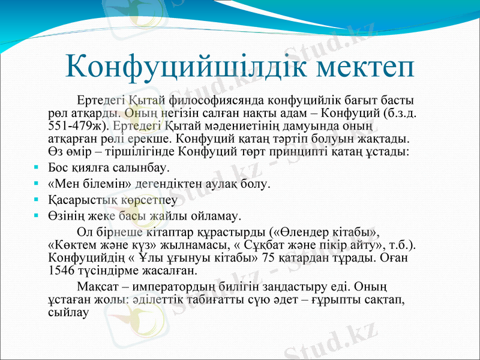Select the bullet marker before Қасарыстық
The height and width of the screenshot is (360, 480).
coord(37,199)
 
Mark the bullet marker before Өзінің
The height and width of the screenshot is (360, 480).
coord(37,215)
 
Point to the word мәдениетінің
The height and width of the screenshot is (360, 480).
coord(237,127)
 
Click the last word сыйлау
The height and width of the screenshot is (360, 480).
coord(68,311)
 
